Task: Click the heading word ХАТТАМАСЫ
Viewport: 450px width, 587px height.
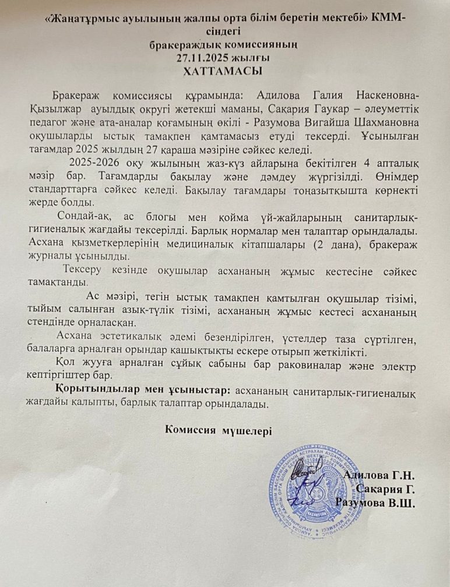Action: click(224, 71)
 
